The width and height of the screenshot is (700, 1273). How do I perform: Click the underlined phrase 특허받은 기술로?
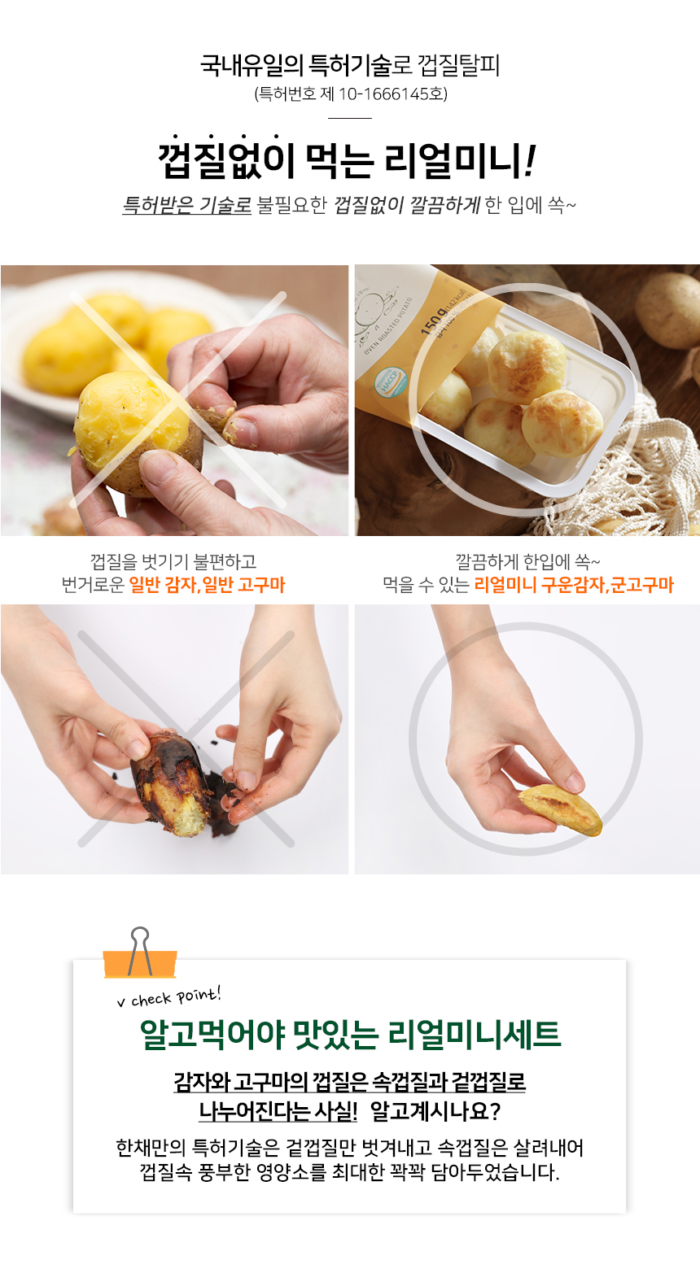pos(187,205)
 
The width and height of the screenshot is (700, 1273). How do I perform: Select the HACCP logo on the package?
pos(391,381)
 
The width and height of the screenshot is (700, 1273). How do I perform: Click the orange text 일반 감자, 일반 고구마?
pos(207,584)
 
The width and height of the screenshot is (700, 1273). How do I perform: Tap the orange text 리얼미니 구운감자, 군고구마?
pos(574,584)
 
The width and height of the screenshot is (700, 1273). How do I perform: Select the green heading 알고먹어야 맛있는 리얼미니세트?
pos(350,1035)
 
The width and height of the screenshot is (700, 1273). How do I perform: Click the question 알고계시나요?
pos(435,1112)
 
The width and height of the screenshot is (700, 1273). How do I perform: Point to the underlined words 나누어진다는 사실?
pos(278,1112)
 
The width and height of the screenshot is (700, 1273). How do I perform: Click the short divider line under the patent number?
pos(350,118)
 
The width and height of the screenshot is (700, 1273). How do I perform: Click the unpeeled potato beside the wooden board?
pos(669,309)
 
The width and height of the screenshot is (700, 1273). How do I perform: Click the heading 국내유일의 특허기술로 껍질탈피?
pos(350,65)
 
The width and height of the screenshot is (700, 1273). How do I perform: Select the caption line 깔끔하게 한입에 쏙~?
pos(527,562)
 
